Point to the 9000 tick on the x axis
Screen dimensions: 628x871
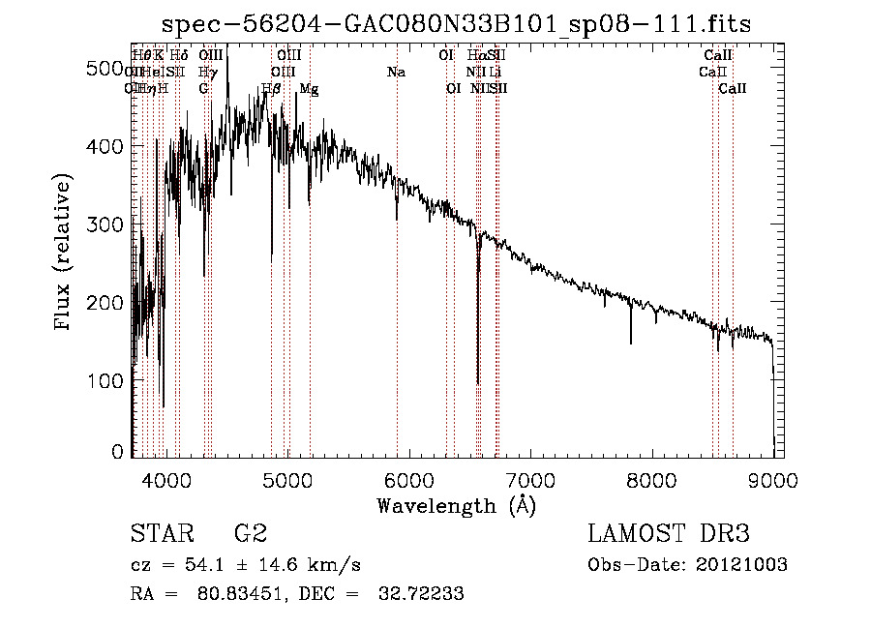pyautogui.click(x=773, y=478)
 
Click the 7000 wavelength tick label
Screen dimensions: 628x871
pyautogui.click(x=530, y=478)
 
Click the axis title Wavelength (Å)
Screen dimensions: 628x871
pyautogui.click(x=456, y=504)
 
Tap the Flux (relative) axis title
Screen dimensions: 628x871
pyautogui.click(x=65, y=254)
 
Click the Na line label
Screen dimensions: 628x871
pyautogui.click(x=396, y=72)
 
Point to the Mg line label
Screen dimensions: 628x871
pyautogui.click(x=309, y=88)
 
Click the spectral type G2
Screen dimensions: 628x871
pyautogui.click(x=250, y=534)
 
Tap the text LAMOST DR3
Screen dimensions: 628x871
pyautogui.click(x=669, y=534)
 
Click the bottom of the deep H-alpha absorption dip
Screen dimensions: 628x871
pyautogui.click(x=478, y=383)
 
